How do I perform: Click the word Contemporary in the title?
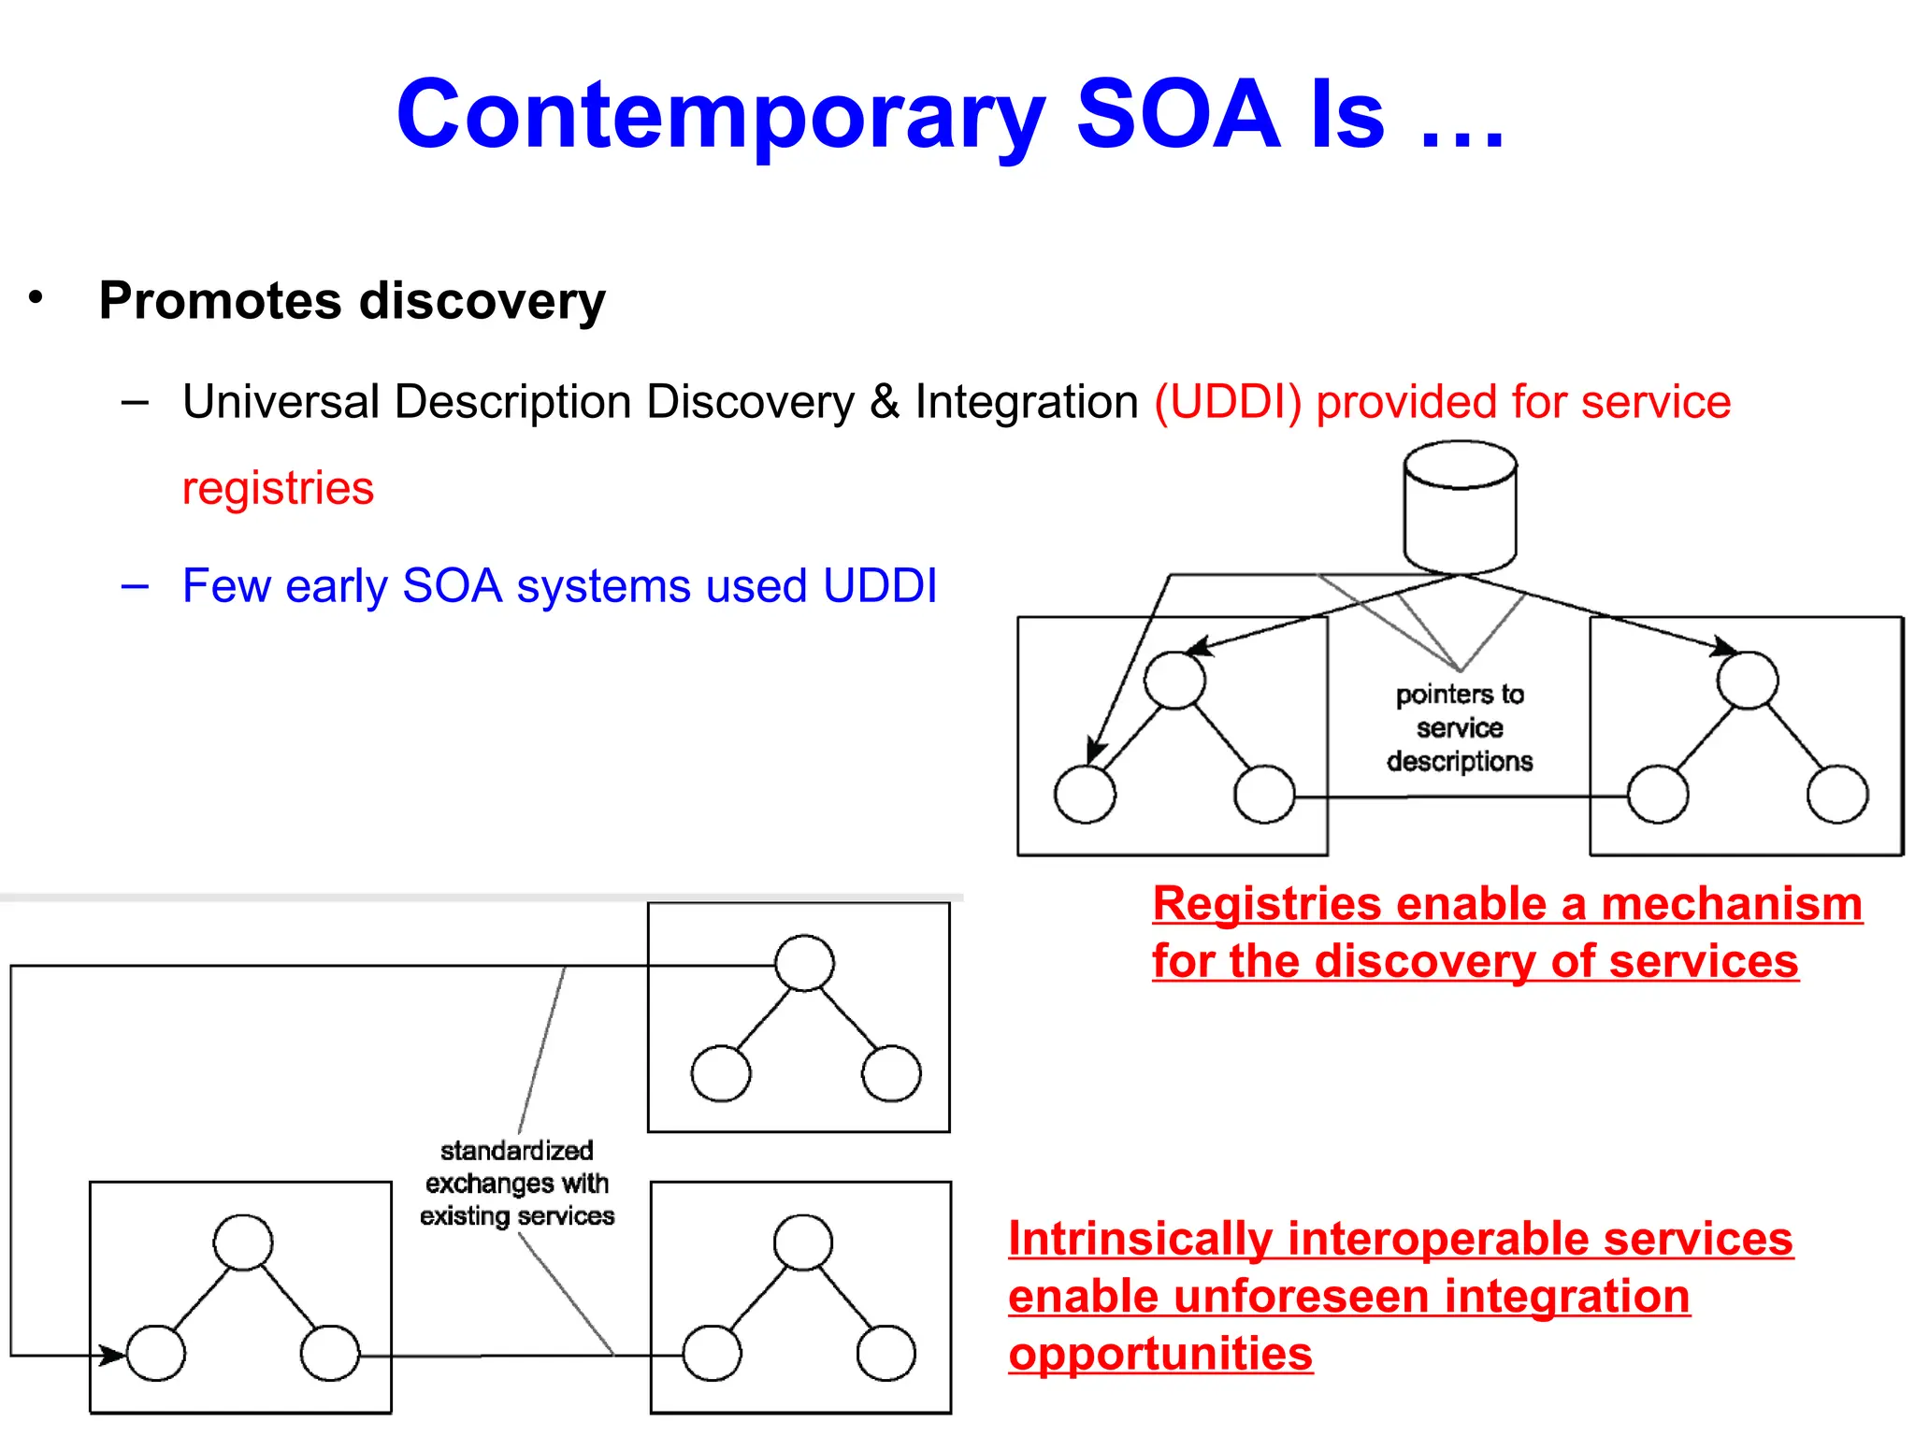point(720,116)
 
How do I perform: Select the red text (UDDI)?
point(1228,403)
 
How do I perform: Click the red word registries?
point(278,488)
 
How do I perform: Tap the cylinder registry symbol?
point(1460,507)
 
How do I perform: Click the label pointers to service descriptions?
point(1460,727)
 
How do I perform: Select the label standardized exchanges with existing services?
point(517,1183)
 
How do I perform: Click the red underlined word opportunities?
point(1160,1354)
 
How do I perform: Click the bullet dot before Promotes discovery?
point(36,298)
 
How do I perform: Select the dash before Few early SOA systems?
point(135,587)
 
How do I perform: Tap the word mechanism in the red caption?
point(1732,905)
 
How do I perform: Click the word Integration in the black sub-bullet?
point(1026,403)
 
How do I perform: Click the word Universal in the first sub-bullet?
point(281,403)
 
